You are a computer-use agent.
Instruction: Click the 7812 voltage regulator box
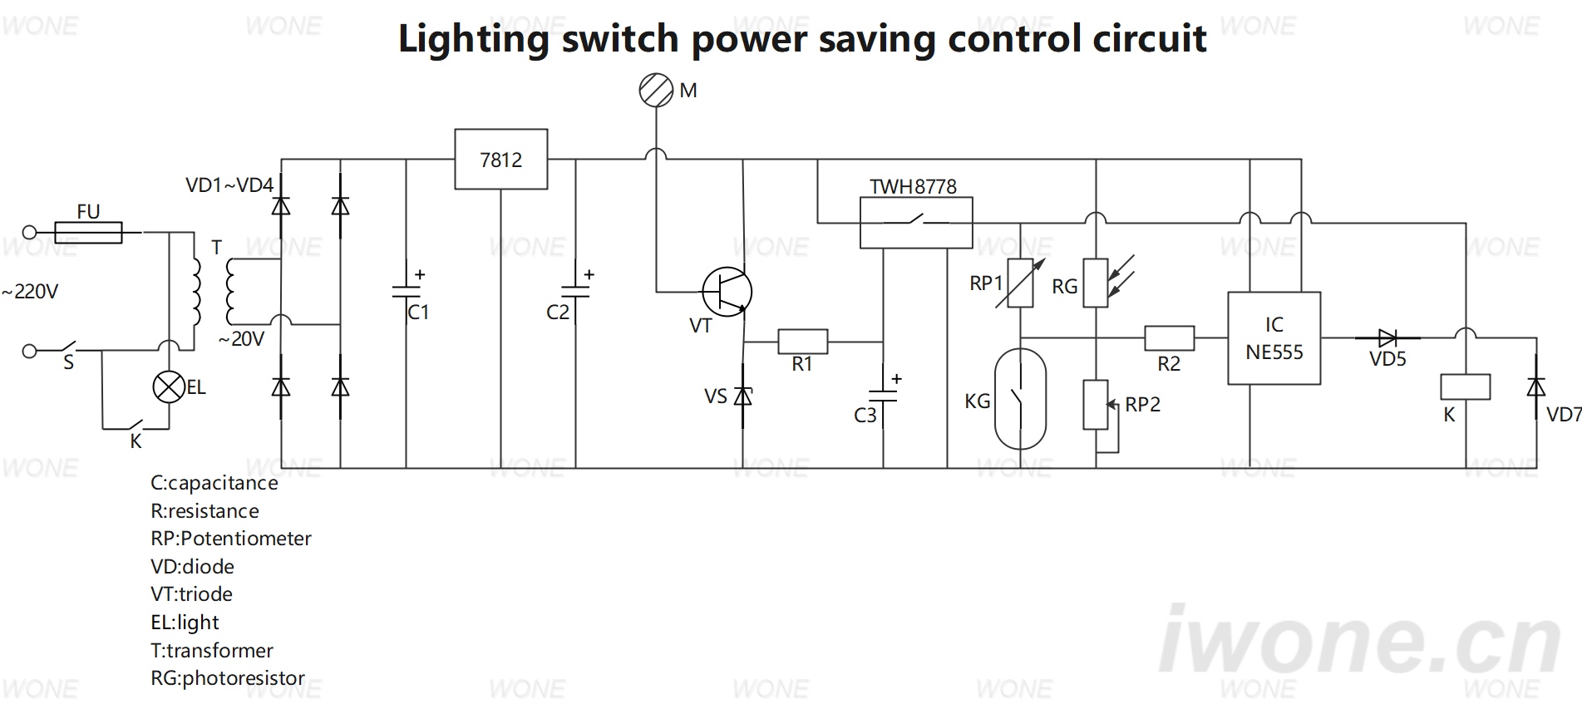500,159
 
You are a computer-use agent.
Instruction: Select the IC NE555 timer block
1274,338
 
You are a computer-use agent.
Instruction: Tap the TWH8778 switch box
915,223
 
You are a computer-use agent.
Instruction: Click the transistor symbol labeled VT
727,292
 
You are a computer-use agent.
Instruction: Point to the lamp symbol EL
170,387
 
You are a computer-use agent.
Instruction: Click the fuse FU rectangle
88,232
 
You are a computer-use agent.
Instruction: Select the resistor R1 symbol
802,342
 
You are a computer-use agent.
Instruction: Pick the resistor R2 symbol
1169,337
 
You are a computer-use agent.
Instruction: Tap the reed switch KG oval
1020,399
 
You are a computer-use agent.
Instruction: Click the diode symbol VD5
1387,337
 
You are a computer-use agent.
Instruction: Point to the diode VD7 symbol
1535,387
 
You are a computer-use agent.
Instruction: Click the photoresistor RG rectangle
1096,283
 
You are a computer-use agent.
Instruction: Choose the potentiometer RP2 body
1096,405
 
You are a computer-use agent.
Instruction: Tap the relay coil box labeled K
1465,387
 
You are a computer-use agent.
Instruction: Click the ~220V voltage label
30,292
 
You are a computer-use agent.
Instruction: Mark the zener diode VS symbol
743,396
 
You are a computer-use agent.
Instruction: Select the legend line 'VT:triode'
191,594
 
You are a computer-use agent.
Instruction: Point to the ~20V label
241,339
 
